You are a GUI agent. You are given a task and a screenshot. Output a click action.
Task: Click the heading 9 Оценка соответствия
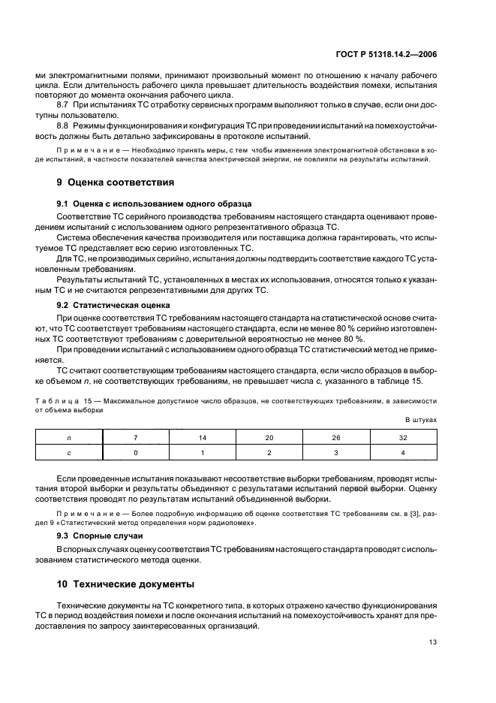[x=116, y=182]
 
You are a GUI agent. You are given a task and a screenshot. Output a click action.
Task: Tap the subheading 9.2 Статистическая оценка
[x=113, y=305]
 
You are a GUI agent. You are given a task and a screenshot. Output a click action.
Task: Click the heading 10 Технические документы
[x=125, y=584]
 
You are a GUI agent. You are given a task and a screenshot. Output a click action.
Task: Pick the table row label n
[x=68, y=437]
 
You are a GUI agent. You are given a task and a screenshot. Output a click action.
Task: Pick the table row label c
[x=68, y=452]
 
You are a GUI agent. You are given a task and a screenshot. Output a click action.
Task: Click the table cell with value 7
[x=135, y=437]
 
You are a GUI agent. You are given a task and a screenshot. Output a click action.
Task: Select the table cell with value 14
[x=203, y=437]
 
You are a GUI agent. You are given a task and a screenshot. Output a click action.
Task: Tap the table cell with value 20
[x=269, y=437]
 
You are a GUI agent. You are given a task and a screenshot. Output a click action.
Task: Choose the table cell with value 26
[x=336, y=437]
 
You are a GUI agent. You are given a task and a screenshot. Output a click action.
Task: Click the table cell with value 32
[x=403, y=437]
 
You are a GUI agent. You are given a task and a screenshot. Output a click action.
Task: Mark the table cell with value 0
[x=135, y=452]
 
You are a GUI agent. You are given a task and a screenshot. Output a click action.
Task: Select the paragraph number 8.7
[x=65, y=105]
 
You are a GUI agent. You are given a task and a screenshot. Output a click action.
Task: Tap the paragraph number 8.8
[x=65, y=125]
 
